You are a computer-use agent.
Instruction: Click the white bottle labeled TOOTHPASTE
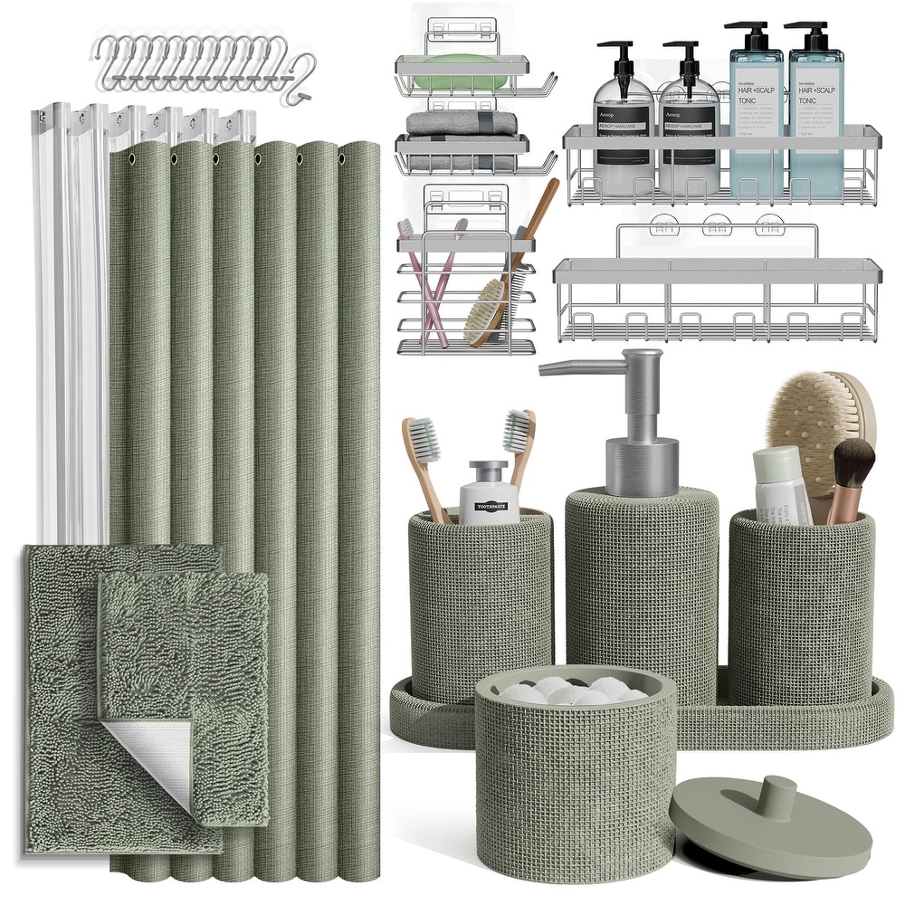coord(489,494)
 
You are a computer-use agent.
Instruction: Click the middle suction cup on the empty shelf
coord(717,223)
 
